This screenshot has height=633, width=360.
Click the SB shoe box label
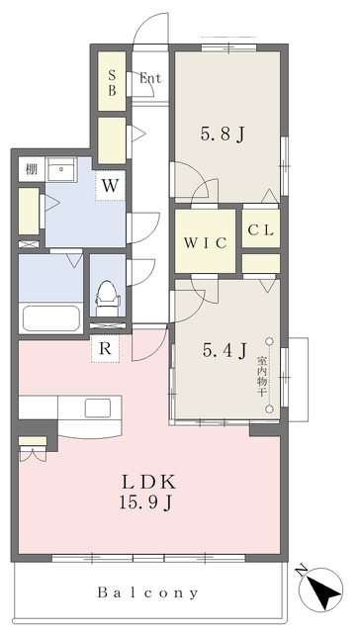(112, 82)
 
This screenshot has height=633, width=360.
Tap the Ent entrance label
(150, 78)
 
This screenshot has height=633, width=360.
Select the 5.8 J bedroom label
(223, 135)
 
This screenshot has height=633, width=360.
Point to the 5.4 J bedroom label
(225, 350)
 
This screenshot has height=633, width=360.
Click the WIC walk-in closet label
(205, 243)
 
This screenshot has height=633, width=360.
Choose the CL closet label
(261, 230)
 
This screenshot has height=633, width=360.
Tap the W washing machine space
(110, 186)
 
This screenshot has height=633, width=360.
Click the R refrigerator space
(106, 348)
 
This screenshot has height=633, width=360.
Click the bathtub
(50, 318)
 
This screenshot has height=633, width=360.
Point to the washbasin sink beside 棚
(61, 169)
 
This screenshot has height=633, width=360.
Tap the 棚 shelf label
(31, 169)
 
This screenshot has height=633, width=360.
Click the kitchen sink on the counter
(97, 408)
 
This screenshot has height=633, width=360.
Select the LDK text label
(148, 482)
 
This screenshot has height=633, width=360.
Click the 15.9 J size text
(146, 502)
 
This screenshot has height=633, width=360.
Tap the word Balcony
(148, 592)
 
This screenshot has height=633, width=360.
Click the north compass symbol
(321, 588)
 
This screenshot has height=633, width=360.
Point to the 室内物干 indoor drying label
(261, 376)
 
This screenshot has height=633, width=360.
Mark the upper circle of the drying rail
(270, 341)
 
